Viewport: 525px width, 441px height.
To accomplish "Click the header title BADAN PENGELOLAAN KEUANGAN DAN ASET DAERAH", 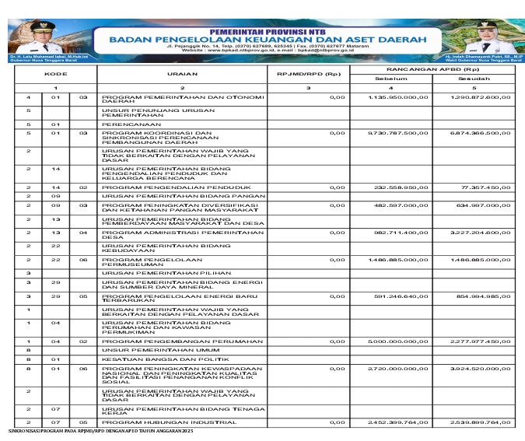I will (261, 37).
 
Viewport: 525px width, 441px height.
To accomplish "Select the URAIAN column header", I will (181, 74).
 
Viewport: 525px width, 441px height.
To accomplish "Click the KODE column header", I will (54, 74).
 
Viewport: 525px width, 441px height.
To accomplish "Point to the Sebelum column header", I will (391, 79).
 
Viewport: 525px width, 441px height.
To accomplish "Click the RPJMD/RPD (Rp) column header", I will (309, 74).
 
